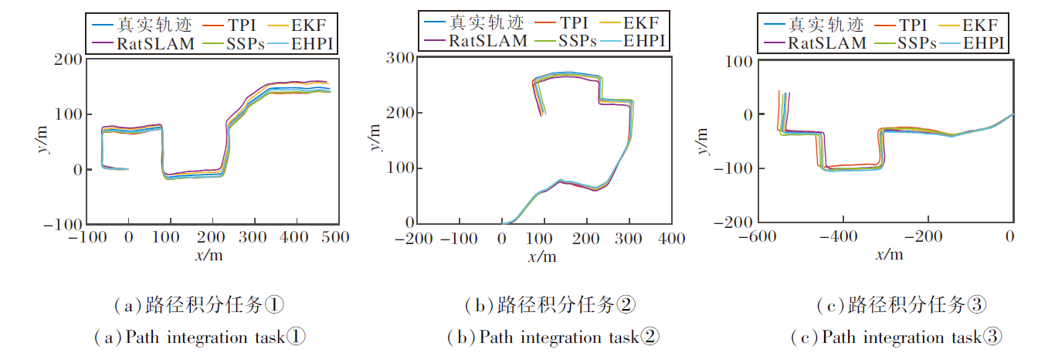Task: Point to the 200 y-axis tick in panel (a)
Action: [x=70, y=59]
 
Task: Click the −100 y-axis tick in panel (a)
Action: [x=65, y=224]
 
